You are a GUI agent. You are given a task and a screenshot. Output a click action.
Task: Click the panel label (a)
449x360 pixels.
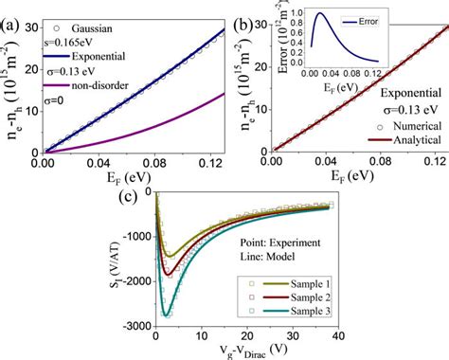(12, 13)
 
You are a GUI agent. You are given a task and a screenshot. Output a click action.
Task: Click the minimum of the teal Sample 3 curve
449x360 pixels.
(167, 315)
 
